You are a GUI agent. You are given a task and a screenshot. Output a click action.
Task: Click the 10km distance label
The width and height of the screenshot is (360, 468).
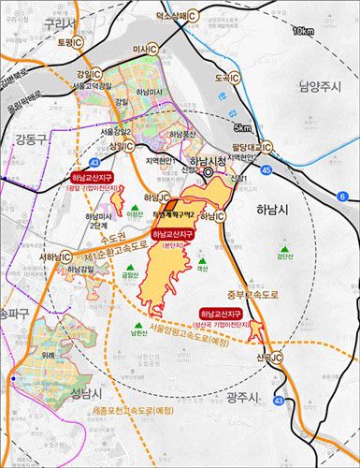(x=301, y=31)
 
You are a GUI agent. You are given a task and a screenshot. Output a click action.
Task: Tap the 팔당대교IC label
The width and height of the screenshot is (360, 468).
(x=252, y=146)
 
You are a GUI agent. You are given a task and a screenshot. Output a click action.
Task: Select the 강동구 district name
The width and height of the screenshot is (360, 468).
(x=26, y=141)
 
